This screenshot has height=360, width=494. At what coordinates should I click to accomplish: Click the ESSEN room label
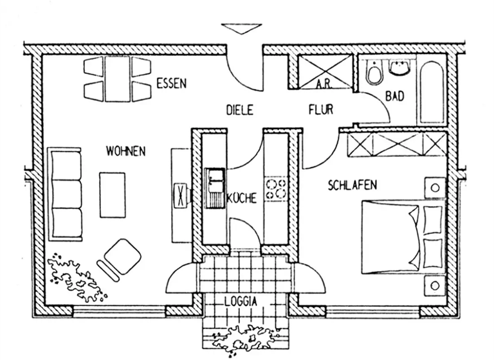point(171,82)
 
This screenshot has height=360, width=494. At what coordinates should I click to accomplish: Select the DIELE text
point(240,110)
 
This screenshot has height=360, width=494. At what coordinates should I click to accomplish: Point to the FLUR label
point(320,110)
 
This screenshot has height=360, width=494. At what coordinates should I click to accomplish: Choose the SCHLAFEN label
point(352,185)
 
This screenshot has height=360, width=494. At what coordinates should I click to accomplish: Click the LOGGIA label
point(242,301)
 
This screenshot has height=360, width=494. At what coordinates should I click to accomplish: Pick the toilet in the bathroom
point(372,74)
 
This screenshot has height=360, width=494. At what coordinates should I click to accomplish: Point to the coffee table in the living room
point(113,195)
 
